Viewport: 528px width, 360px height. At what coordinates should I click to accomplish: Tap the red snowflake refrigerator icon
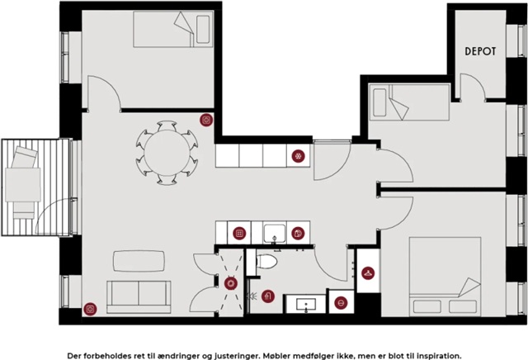click(x=298, y=156)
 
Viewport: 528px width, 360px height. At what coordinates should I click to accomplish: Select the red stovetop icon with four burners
click(x=239, y=233)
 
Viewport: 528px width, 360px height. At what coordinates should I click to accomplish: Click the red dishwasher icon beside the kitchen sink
click(x=298, y=233)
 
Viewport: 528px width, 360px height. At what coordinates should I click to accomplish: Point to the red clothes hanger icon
click(x=368, y=273)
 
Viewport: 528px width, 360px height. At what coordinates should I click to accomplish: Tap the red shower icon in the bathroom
click(x=267, y=296)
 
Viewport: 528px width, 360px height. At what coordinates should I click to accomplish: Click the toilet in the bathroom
click(x=266, y=261)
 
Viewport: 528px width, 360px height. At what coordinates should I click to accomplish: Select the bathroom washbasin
click(x=306, y=305)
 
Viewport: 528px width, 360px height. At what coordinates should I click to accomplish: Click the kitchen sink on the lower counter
click(x=275, y=233)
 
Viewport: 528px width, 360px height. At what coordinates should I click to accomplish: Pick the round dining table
click(x=167, y=153)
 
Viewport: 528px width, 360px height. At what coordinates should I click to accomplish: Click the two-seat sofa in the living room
click(x=139, y=297)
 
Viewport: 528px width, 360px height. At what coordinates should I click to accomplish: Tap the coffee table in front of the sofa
click(x=139, y=261)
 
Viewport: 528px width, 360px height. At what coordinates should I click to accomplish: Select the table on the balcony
click(x=23, y=185)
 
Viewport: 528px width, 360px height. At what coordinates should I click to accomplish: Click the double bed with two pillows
click(x=445, y=277)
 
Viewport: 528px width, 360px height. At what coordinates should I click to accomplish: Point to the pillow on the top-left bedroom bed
click(x=203, y=30)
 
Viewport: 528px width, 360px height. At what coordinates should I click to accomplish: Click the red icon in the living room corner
click(x=90, y=309)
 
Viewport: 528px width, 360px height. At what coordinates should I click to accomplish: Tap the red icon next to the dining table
click(x=206, y=120)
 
